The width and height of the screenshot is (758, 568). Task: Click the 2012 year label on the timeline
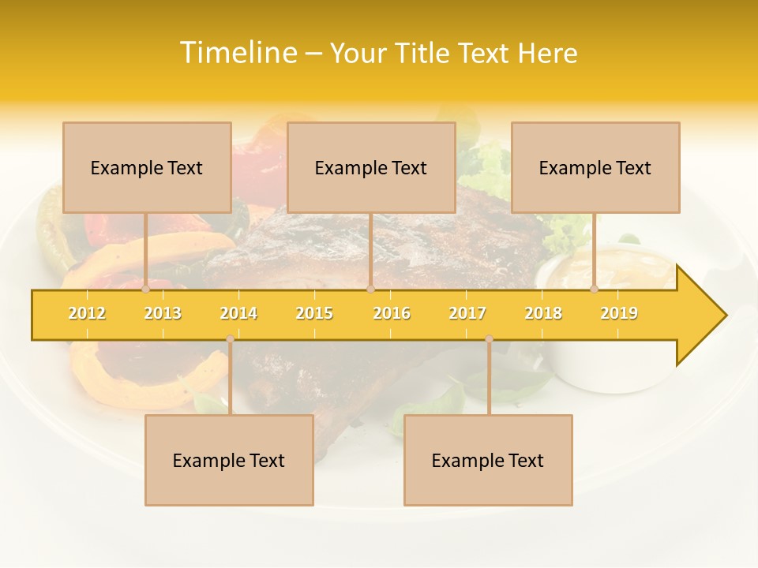click(87, 313)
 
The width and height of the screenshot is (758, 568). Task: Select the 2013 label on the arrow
click(163, 313)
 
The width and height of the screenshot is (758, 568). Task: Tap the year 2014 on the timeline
click(238, 313)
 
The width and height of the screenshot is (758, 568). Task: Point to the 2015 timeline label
click(314, 313)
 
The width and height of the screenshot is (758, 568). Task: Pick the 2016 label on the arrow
click(392, 313)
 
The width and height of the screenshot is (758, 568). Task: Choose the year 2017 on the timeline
click(467, 313)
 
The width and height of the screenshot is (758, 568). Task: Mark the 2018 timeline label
click(543, 313)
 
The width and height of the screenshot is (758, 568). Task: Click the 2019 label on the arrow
click(619, 313)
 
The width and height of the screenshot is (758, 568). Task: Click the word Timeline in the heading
click(239, 53)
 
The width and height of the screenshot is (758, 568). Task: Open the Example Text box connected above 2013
click(147, 168)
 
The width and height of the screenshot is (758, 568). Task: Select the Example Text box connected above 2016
click(371, 168)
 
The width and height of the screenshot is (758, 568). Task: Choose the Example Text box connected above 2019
click(595, 168)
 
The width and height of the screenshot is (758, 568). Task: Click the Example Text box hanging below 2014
click(229, 461)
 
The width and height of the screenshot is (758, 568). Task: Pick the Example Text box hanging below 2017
click(488, 461)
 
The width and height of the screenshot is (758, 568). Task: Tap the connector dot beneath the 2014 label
click(230, 339)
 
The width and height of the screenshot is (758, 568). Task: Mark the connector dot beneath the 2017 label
click(489, 339)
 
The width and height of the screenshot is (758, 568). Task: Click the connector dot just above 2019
click(595, 290)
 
